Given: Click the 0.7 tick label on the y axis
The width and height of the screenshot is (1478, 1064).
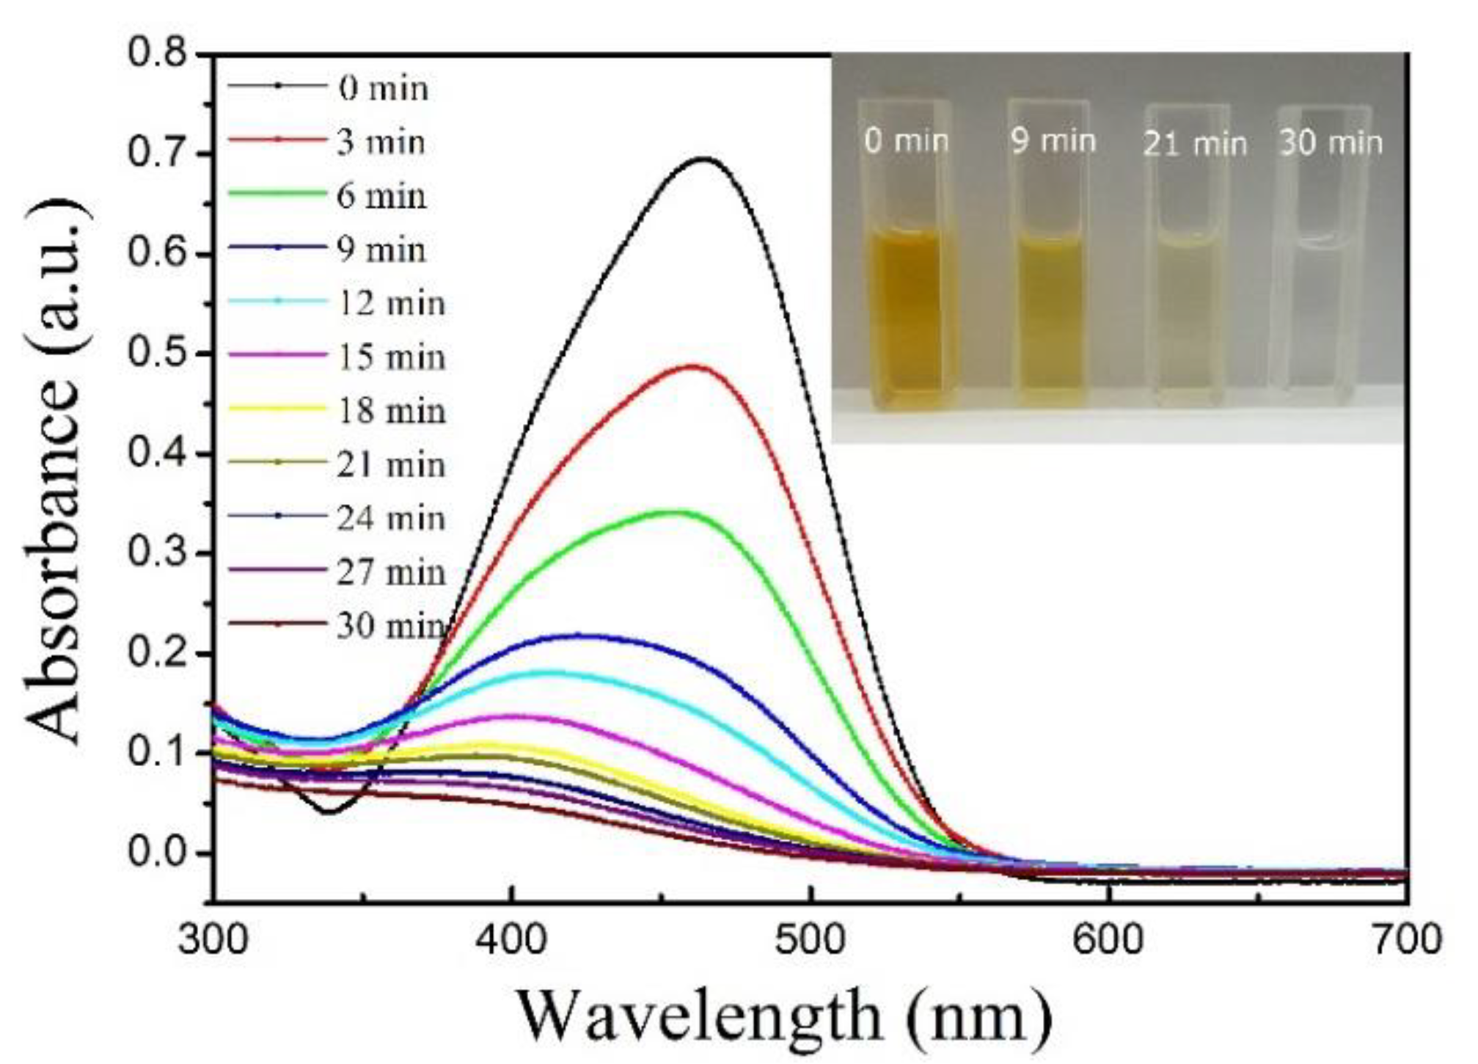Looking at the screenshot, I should coord(156,154).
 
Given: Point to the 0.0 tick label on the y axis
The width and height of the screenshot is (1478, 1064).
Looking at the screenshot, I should coord(156,853).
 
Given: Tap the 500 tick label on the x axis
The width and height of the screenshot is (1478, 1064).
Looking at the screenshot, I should coord(811,940).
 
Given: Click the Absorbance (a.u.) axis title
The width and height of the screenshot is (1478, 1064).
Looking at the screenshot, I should coord(55,470).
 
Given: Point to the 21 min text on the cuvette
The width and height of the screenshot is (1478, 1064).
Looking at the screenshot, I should coord(1196,144).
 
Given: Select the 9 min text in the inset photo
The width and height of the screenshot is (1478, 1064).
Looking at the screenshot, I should coord(1053,141).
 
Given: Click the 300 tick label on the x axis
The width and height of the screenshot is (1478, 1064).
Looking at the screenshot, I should coord(213,940).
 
